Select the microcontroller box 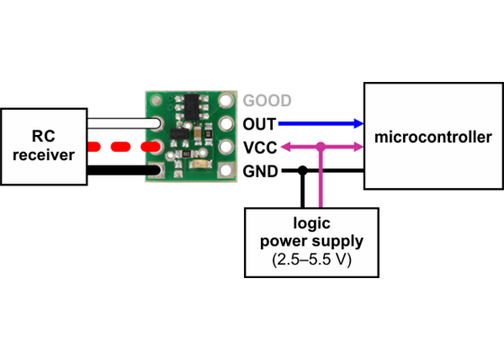point(433,137)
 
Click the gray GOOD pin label point(267,101)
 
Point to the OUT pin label point(260,123)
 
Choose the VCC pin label point(260,146)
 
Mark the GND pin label point(260,169)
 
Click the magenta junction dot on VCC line point(322,146)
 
